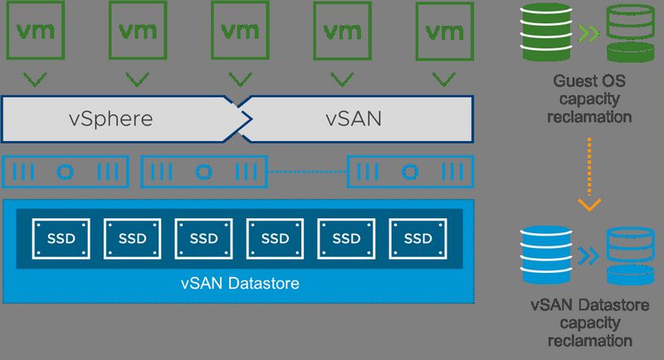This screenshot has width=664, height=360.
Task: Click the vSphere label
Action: click(110, 118)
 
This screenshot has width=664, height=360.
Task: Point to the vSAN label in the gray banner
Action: click(354, 118)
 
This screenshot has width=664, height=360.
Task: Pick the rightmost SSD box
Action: click(417, 238)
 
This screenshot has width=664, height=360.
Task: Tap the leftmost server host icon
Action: click(66, 172)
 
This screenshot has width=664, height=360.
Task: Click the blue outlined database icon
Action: click(630, 254)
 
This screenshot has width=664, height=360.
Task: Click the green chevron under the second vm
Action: click(138, 80)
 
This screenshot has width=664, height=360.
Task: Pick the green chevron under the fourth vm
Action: click(342, 80)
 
